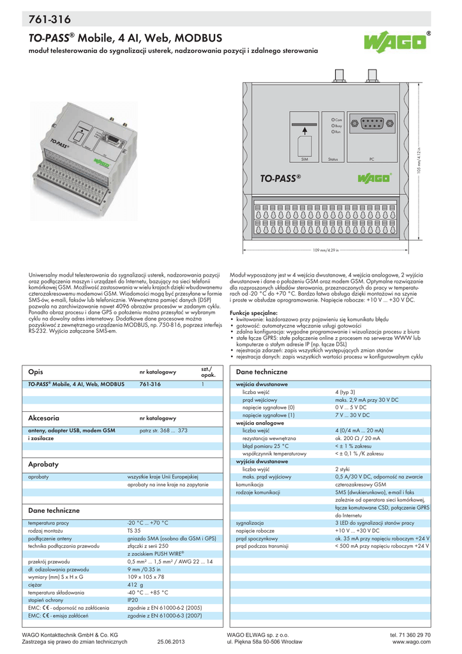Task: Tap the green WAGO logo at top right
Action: pos(395,44)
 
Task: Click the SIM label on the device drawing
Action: pos(304,158)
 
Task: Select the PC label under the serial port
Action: pos(371,158)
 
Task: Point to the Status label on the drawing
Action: pos(332,158)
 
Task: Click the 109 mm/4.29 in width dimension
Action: pos(325,250)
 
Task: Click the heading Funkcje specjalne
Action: pos(253,313)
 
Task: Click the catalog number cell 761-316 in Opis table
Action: pos(150,384)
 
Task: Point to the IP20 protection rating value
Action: pos(133,601)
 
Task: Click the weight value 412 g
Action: pos(135,584)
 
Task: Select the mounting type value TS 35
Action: pos(134,531)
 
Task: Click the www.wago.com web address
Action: pos(415,642)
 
